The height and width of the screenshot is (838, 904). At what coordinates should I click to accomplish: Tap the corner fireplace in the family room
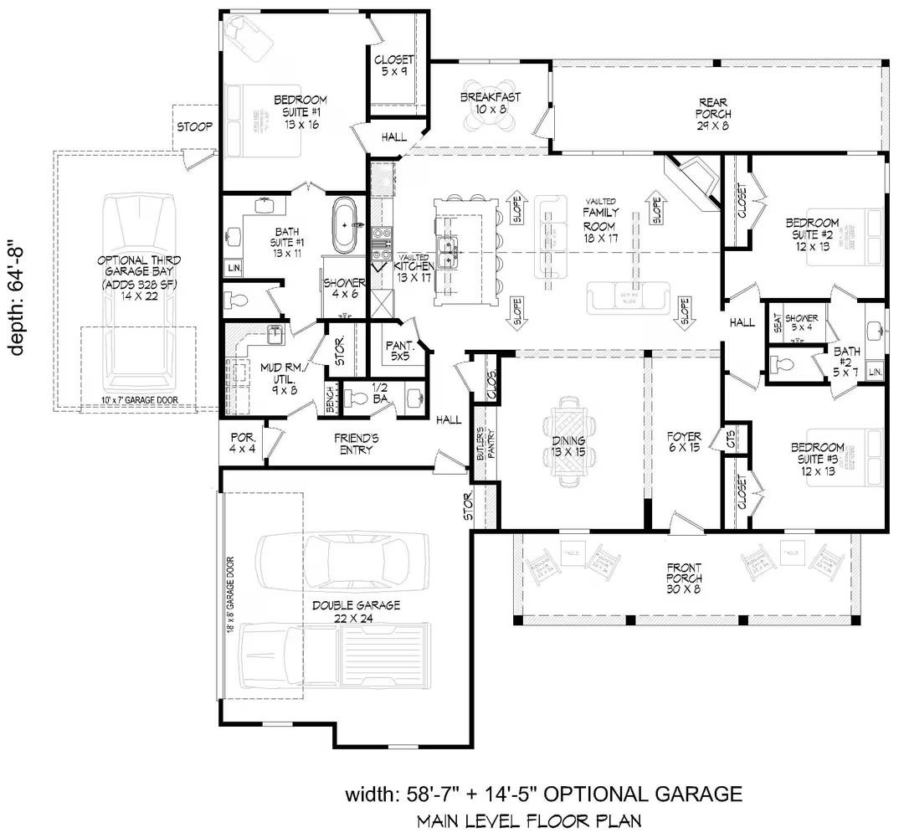coord(691,178)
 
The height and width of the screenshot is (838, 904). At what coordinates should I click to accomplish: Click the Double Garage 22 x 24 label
coord(357,611)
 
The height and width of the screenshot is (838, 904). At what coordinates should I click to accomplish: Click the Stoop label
coord(193,126)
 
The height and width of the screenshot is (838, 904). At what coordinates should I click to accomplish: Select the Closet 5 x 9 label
coord(393,65)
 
